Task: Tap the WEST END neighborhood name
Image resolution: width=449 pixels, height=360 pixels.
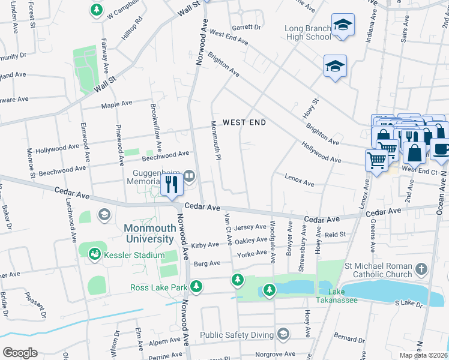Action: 244,122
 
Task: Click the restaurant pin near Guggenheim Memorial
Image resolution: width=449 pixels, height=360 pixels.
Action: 172,184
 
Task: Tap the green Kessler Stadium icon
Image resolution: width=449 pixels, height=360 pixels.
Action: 95,255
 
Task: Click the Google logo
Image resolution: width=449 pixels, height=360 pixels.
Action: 20,352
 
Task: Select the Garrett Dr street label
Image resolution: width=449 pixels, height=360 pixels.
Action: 246,27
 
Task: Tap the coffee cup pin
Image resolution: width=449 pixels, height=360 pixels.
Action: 440,150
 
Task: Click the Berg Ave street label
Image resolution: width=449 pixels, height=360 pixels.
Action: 206,263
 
